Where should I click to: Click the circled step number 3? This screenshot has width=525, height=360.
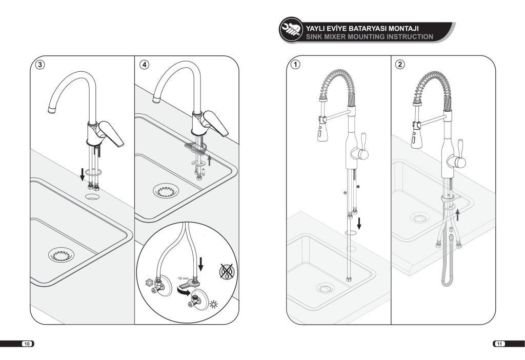click(x=40, y=65)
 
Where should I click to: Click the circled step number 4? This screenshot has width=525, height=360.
click(x=144, y=65)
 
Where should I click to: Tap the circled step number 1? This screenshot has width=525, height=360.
click(x=295, y=64)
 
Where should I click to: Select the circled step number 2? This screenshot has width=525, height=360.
click(x=400, y=64)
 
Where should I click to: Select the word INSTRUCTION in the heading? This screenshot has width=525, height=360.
click(x=410, y=37)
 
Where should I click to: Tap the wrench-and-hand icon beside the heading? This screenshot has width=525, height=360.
click(x=291, y=29)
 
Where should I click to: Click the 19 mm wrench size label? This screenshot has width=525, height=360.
click(x=183, y=278)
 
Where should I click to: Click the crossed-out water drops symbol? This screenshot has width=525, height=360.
click(x=227, y=271)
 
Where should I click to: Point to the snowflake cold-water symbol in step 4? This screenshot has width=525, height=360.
click(x=149, y=282)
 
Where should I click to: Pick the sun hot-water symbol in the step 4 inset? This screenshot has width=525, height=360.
click(x=213, y=304)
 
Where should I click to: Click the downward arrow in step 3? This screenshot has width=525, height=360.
click(x=82, y=174)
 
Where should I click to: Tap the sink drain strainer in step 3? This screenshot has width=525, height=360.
click(x=61, y=255)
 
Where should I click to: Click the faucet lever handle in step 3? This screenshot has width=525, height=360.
click(x=111, y=133)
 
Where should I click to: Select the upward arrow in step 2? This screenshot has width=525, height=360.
click(x=458, y=215)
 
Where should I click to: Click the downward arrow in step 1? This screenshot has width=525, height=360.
click(x=359, y=224)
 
